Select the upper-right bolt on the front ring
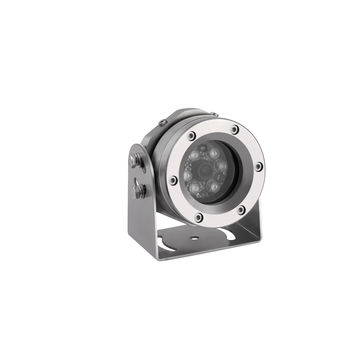pyautogui.click(x=235, y=129)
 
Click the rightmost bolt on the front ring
pyautogui.click(x=258, y=166)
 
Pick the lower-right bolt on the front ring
pyautogui.click(x=241, y=209)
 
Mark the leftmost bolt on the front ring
pyautogui.click(x=174, y=180)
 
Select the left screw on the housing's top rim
pyautogui.click(x=160, y=124)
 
